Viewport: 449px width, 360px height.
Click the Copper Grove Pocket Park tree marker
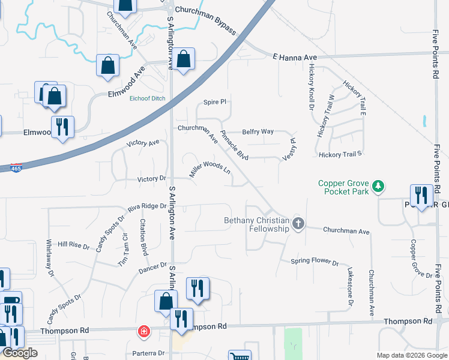click(x=378, y=187)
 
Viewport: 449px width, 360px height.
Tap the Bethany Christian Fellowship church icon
click(x=298, y=224)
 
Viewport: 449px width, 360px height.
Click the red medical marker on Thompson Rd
click(x=143, y=331)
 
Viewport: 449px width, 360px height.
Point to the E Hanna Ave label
click(x=294, y=57)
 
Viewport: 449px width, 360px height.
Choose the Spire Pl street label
click(x=214, y=102)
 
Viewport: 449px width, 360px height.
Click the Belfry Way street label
click(x=258, y=131)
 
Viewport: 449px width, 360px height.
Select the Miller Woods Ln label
click(x=210, y=169)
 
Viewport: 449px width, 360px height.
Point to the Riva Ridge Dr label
click(x=146, y=206)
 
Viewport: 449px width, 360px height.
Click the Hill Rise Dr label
click(x=73, y=245)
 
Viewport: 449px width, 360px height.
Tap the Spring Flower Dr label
click(x=315, y=262)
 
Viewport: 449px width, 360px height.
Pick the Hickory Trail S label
click(x=340, y=154)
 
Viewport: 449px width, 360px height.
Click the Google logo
click(x=20, y=353)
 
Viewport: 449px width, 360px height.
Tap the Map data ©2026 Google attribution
click(x=412, y=355)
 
